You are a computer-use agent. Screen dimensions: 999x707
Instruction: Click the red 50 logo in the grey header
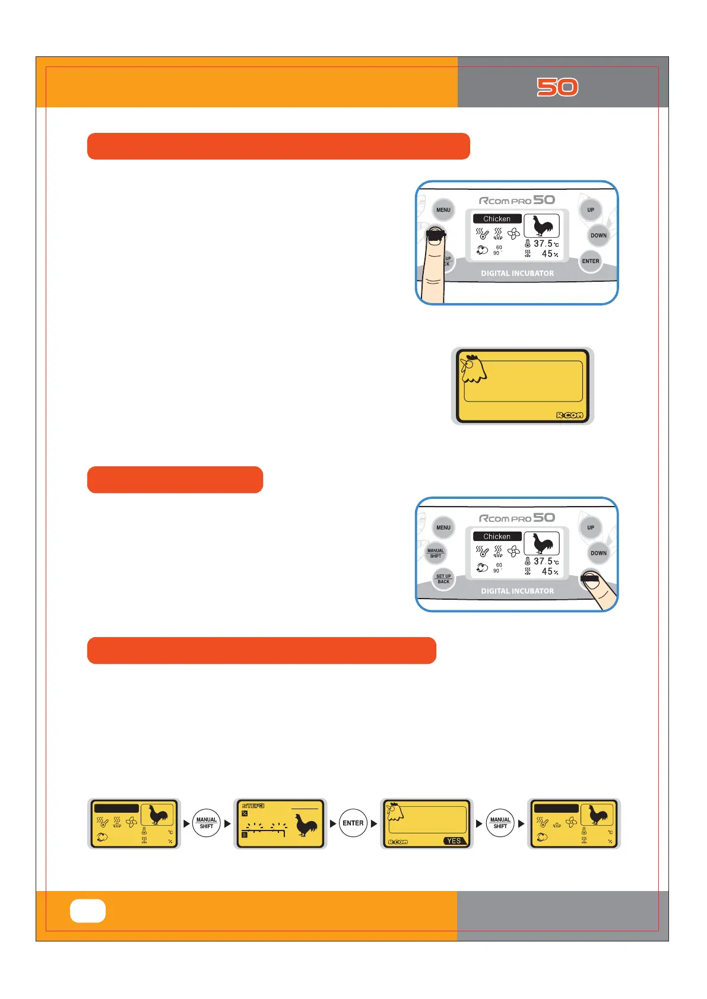(x=557, y=87)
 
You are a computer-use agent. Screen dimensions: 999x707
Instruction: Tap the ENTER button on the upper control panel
(x=591, y=261)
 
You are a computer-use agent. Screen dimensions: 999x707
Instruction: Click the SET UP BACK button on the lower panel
(x=443, y=579)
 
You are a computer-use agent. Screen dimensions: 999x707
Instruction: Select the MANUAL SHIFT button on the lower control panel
(x=436, y=553)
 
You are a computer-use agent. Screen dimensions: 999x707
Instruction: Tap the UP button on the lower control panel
(x=591, y=527)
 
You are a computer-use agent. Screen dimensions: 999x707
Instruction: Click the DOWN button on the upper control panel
(x=598, y=236)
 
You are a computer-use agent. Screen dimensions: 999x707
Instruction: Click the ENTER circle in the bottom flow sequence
(x=353, y=823)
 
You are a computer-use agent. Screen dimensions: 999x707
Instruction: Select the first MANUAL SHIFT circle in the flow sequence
(x=207, y=823)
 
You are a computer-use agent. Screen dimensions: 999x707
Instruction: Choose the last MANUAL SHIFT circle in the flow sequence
(x=500, y=823)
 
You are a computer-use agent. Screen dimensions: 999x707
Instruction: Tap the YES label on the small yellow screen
(x=454, y=841)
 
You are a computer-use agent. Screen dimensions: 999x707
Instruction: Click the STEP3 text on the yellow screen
(x=253, y=806)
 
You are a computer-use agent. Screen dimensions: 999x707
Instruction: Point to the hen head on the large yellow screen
(x=473, y=368)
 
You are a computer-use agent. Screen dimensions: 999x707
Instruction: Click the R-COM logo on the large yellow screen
(x=569, y=415)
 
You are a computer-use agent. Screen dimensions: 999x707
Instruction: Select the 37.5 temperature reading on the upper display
(x=543, y=244)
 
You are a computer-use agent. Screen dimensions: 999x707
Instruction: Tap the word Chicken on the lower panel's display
(x=497, y=536)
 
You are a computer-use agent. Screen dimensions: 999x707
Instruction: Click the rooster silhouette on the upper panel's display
(x=542, y=226)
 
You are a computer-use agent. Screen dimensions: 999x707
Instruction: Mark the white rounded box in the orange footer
(x=88, y=911)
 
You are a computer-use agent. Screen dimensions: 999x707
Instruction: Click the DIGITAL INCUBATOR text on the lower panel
(x=517, y=591)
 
